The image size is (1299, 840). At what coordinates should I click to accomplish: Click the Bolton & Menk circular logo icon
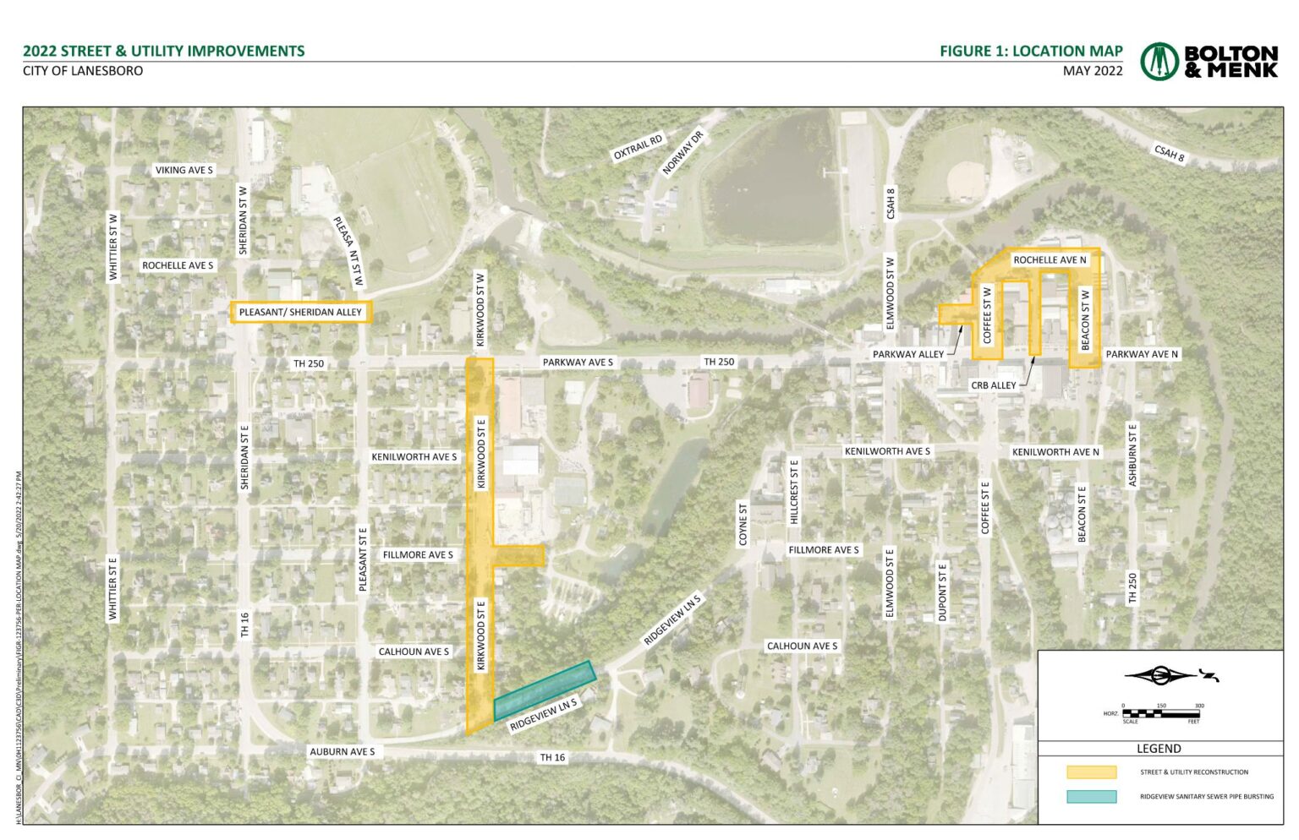[1159, 61]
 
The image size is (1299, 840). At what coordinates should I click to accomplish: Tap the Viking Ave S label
[184, 170]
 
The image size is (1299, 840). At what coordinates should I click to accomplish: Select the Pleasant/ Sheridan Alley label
[300, 312]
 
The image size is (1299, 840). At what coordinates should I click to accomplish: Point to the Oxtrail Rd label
[638, 147]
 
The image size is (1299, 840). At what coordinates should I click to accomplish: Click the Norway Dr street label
[682, 152]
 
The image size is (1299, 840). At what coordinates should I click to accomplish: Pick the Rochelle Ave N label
[1050, 260]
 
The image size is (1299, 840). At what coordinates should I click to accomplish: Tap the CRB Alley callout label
[993, 385]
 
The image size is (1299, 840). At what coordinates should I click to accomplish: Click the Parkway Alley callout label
[907, 354]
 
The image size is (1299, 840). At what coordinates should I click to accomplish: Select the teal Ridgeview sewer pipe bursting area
[545, 689]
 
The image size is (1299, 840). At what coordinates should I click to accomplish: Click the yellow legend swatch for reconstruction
[1091, 772]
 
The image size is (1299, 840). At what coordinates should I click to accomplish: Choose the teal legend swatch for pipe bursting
[1091, 796]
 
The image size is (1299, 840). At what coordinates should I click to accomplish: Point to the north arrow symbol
[1170, 675]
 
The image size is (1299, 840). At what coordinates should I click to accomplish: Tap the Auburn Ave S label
[342, 751]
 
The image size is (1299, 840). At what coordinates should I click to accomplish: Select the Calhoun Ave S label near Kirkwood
[414, 652]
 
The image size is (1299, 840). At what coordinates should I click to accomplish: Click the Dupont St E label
[943, 592]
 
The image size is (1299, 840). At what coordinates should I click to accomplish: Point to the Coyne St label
[743, 525]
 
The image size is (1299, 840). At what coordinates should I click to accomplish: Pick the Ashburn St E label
[1132, 455]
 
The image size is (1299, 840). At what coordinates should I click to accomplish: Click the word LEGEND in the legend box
[1159, 749]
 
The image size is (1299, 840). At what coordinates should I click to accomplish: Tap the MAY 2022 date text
[1093, 71]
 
